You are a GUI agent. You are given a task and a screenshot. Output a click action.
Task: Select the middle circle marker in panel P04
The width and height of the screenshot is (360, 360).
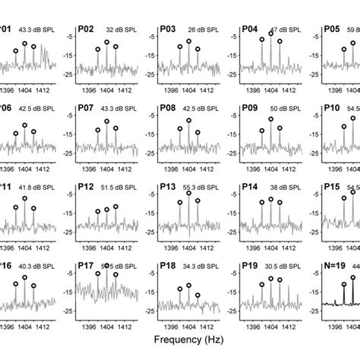click(x=271, y=34)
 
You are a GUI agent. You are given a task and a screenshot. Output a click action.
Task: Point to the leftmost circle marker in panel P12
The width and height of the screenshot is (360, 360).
click(x=98, y=212)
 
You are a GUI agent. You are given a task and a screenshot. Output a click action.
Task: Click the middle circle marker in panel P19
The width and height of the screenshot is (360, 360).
click(x=271, y=277)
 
